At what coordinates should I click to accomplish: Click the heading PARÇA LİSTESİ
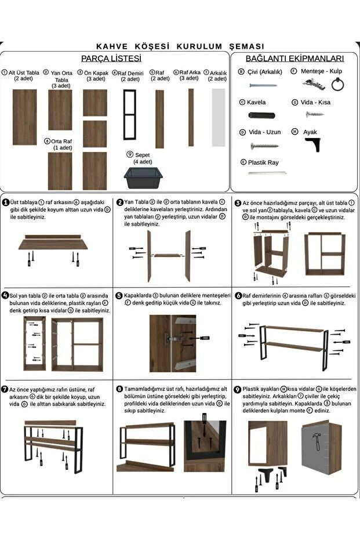(111, 59)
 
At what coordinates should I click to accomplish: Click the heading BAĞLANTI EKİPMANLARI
(294, 59)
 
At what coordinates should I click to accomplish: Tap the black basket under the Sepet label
(143, 178)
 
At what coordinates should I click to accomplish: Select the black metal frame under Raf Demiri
(130, 115)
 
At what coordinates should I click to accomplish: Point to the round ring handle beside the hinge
(338, 84)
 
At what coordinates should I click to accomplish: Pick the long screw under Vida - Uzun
(264, 146)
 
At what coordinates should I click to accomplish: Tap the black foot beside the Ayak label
(313, 144)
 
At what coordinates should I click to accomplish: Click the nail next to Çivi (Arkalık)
(263, 85)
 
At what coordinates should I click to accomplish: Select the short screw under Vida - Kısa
(315, 114)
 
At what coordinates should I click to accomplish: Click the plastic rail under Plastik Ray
(267, 172)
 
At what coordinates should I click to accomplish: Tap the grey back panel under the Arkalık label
(218, 117)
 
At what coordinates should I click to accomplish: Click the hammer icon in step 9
(317, 441)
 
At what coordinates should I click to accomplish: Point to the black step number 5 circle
(119, 295)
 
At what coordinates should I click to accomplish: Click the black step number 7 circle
(5, 390)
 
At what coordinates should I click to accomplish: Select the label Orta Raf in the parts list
(61, 141)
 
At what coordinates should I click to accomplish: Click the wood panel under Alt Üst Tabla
(24, 117)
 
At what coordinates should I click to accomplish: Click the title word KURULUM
(199, 46)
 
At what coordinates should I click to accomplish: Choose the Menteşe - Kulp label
(321, 71)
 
